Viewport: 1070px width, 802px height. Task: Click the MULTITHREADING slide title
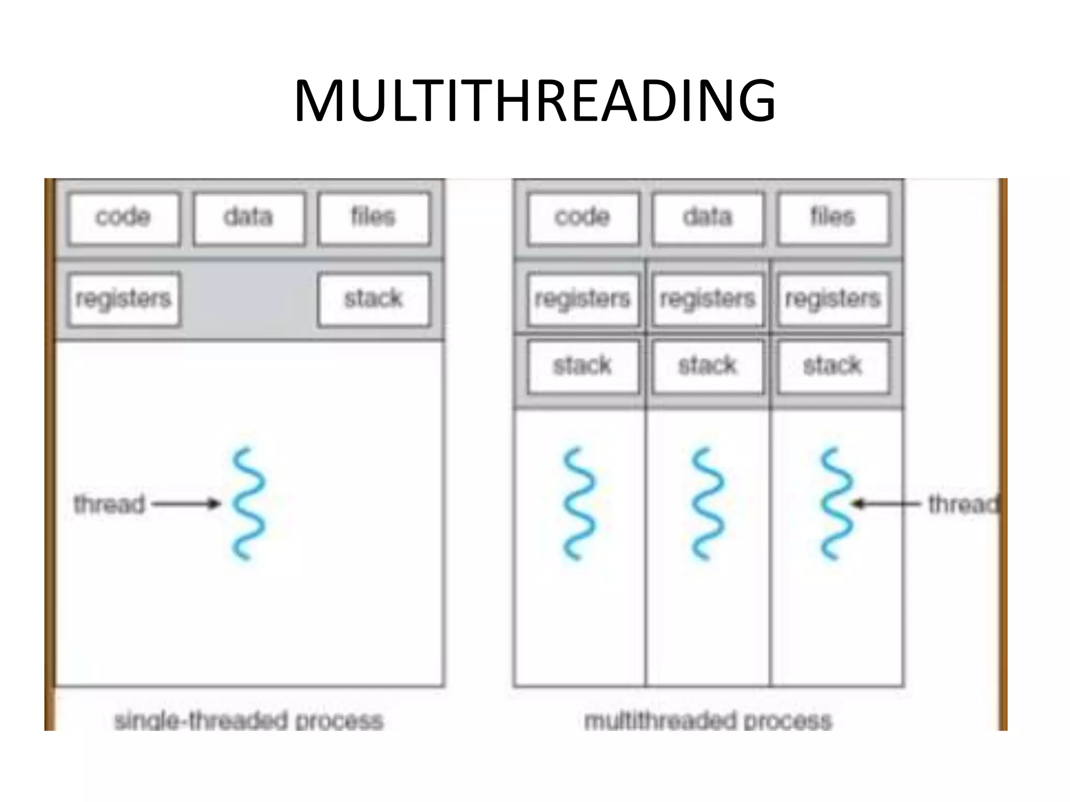(534, 100)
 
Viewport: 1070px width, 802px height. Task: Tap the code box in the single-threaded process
(124, 218)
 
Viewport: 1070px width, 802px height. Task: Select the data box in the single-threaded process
(249, 218)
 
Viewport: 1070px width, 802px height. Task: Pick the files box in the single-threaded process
(374, 218)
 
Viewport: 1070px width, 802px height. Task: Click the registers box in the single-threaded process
(124, 299)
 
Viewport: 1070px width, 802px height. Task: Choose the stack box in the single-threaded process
(374, 299)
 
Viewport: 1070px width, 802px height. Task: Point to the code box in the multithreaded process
(583, 218)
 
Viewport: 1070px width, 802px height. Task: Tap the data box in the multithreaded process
(708, 218)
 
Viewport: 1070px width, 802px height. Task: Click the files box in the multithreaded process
(833, 218)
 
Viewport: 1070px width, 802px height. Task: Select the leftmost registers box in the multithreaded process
(583, 299)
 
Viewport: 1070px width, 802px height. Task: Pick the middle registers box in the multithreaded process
(708, 299)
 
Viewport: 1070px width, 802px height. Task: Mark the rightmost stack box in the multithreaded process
(833, 366)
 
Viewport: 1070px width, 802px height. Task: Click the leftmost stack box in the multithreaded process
(583, 366)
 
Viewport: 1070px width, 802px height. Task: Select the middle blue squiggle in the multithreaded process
(708, 504)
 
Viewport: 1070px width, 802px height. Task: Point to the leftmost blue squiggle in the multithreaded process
(579, 504)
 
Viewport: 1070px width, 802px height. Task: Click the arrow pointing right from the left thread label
(186, 504)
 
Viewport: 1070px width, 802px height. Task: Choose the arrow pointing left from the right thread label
(886, 504)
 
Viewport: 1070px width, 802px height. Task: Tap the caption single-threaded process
(249, 721)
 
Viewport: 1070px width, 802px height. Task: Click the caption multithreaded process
(708, 721)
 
